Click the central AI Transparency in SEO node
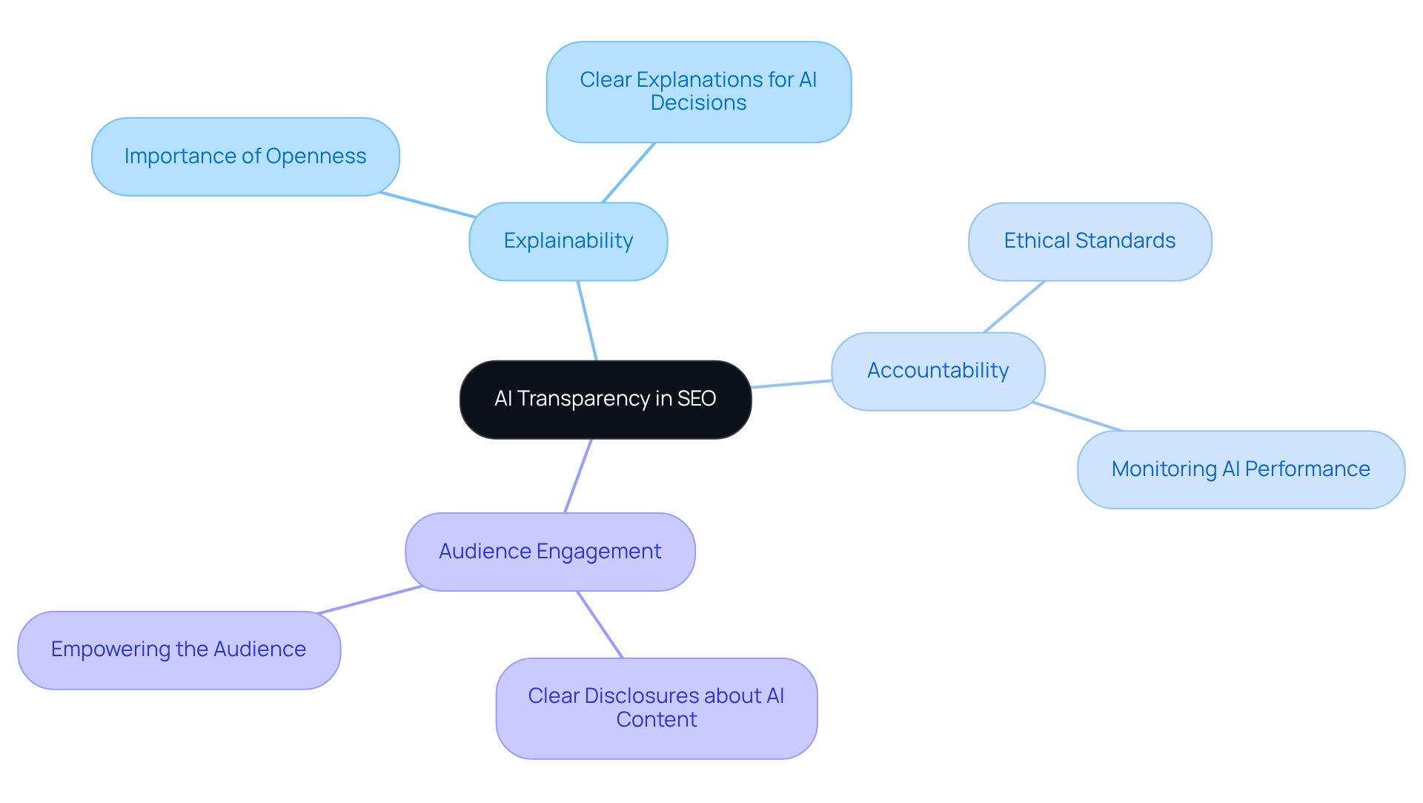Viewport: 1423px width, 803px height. [x=605, y=400]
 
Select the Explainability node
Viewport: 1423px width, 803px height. [x=568, y=242]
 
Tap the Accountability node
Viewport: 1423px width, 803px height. [x=938, y=371]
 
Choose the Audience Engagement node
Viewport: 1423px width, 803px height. [x=549, y=552]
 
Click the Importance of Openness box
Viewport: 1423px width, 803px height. [x=245, y=156]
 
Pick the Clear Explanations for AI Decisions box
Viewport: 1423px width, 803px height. [x=698, y=91]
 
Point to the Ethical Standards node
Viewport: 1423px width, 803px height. [x=1089, y=242]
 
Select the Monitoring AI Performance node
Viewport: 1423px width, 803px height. [x=1240, y=469]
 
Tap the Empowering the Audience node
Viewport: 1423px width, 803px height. [x=178, y=650]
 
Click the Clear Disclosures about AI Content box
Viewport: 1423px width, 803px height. [x=656, y=708]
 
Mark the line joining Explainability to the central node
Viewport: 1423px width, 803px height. [x=587, y=320]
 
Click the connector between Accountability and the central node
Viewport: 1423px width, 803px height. [x=792, y=384]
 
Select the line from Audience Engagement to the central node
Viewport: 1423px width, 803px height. [x=578, y=475]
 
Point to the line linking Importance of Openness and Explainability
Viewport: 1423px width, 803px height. [x=428, y=205]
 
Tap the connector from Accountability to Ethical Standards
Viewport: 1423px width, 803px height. [x=1014, y=306]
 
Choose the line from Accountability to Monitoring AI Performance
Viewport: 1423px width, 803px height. [x=1078, y=417]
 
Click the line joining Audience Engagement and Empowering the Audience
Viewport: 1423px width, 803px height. [x=369, y=600]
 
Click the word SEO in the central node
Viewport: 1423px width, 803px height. [x=697, y=399]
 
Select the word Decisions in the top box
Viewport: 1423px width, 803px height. [x=698, y=103]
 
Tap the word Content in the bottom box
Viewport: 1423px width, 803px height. [x=656, y=720]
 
